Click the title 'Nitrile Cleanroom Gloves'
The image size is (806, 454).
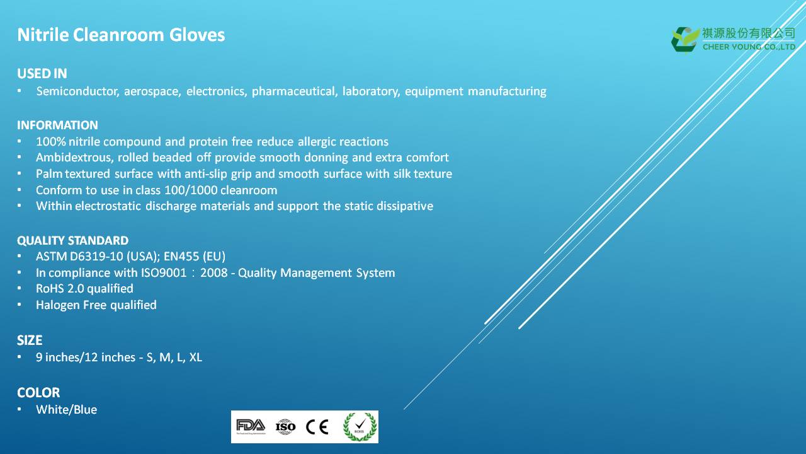(x=121, y=35)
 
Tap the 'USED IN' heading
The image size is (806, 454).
(x=42, y=74)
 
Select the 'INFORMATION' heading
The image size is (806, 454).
(x=57, y=125)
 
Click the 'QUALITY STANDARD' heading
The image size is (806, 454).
(x=72, y=240)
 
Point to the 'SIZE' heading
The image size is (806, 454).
(x=30, y=340)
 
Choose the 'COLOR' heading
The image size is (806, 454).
(x=38, y=392)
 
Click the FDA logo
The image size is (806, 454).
(x=251, y=426)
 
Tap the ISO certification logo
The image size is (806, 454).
(x=285, y=427)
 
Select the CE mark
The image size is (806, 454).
(x=317, y=427)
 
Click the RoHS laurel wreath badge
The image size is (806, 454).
(x=360, y=427)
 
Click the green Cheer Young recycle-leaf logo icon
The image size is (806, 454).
(x=685, y=40)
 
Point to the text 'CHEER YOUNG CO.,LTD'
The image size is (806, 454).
(x=749, y=47)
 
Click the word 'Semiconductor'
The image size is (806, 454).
(x=77, y=91)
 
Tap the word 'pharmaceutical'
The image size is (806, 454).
(x=295, y=91)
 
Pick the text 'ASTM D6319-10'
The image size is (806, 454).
(x=79, y=256)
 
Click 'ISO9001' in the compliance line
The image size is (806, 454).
(x=164, y=273)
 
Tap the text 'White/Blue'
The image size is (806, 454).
(x=67, y=410)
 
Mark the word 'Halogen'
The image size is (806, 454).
(x=58, y=305)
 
